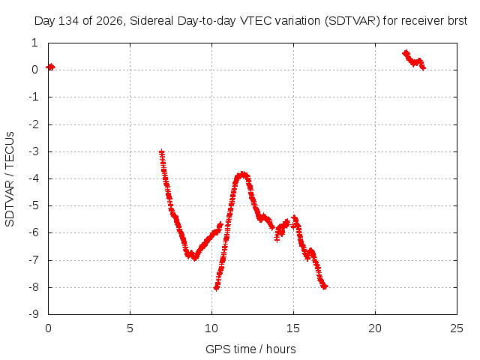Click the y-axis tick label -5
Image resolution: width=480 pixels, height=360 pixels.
[x=34, y=205]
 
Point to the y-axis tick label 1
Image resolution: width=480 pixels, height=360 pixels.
[x=34, y=43]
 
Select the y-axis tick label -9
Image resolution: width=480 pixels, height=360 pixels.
[x=34, y=314]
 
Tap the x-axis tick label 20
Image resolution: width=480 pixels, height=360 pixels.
[x=375, y=328]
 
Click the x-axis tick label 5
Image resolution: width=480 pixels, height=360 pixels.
[x=130, y=328]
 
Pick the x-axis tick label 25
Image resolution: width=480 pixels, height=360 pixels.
[x=457, y=328]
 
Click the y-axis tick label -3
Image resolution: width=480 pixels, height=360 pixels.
[x=34, y=151]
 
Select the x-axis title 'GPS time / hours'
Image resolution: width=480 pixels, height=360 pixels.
[x=250, y=349]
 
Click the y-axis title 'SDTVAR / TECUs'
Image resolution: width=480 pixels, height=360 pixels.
[x=10, y=179]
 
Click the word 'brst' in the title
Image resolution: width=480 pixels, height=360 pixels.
[x=457, y=21]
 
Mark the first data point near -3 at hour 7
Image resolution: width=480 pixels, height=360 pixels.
[x=162, y=152]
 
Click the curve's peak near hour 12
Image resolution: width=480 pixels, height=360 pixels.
[x=243, y=175]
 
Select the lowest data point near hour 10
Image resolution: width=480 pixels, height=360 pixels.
[x=216, y=288]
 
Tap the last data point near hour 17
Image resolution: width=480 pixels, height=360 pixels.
[x=325, y=286]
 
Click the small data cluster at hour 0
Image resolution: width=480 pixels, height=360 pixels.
[x=50, y=67]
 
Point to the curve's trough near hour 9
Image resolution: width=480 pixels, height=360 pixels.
[x=195, y=258]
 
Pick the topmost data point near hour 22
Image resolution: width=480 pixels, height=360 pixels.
[x=406, y=53]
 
